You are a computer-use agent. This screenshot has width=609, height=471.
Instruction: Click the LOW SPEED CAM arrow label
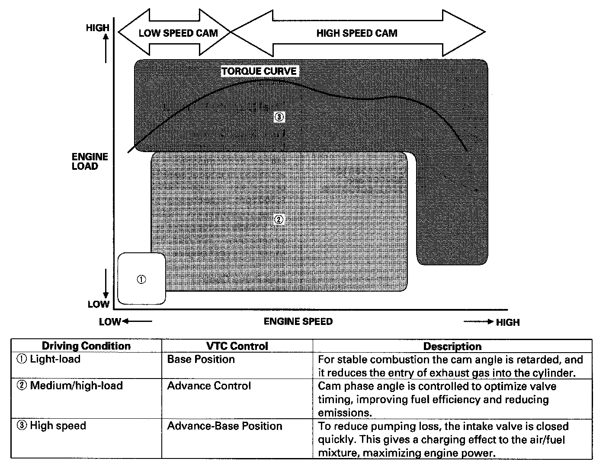tap(178, 33)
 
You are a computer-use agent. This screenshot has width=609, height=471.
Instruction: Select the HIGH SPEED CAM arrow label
tap(356, 33)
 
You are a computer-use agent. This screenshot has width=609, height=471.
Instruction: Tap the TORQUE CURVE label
tap(259, 71)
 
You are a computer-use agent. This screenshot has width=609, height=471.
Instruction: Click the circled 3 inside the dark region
tap(279, 117)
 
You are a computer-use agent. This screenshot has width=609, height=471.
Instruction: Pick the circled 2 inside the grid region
tap(279, 220)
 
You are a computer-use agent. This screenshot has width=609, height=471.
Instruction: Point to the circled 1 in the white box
tap(141, 279)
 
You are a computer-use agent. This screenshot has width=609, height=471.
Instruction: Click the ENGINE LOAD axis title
tap(90, 162)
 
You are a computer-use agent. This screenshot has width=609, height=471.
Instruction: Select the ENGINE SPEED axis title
tap(298, 321)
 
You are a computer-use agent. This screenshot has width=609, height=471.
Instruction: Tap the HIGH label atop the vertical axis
tap(97, 28)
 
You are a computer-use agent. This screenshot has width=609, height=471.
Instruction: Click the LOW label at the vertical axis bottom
tap(98, 304)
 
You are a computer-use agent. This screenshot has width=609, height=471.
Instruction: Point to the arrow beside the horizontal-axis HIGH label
tap(478, 321)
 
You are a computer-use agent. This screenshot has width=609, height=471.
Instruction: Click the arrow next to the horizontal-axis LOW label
tap(137, 321)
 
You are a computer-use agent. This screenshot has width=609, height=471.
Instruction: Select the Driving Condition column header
tap(86, 346)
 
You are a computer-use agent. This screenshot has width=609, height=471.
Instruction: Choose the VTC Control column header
tap(237, 346)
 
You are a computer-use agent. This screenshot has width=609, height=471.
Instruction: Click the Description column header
tap(452, 346)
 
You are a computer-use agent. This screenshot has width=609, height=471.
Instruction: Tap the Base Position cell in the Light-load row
tap(201, 360)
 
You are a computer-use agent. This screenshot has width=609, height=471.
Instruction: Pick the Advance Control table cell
tap(209, 386)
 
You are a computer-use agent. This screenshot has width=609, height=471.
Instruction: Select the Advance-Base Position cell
tap(224, 426)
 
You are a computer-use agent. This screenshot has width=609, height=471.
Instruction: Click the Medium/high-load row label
tap(70, 386)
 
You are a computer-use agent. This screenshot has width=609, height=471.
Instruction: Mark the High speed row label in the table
tap(51, 426)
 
